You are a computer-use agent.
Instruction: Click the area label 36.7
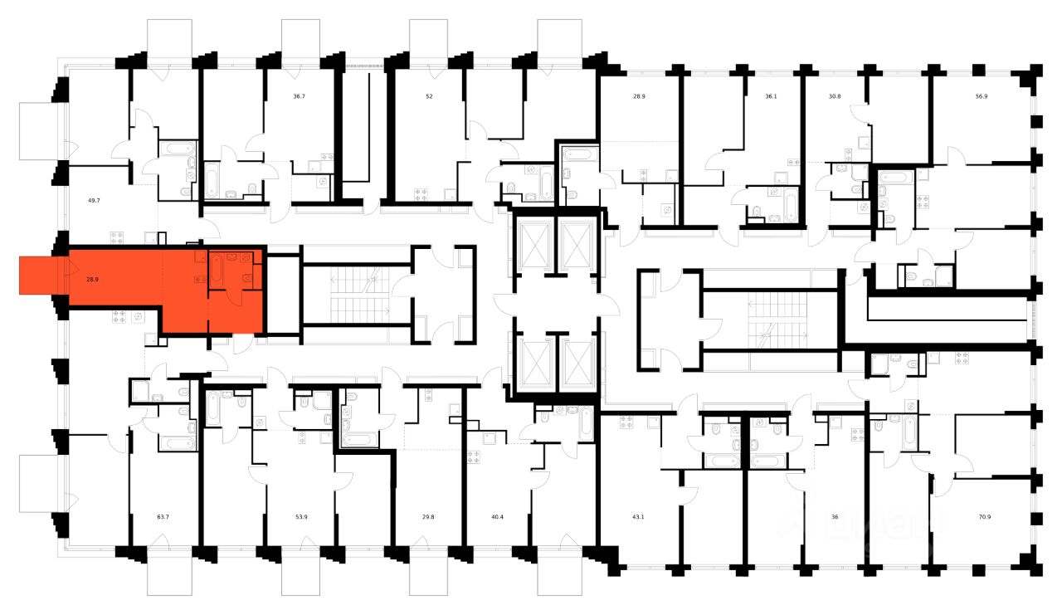click(x=299, y=96)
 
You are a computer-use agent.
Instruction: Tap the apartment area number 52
click(x=429, y=96)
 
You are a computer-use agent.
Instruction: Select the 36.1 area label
click(x=771, y=96)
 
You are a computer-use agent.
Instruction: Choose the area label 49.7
click(x=93, y=200)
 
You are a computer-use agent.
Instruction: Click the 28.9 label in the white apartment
click(x=639, y=96)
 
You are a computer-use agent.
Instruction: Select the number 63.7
click(x=162, y=517)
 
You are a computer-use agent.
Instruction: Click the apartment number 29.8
click(x=429, y=517)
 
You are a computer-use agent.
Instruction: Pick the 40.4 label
click(x=498, y=517)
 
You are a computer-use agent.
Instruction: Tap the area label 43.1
click(x=639, y=517)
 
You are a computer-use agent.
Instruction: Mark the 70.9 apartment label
click(x=984, y=517)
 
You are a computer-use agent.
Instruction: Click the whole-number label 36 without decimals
click(x=835, y=517)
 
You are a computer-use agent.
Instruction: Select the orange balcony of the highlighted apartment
click(x=38, y=276)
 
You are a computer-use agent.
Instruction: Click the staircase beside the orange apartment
click(x=357, y=295)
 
